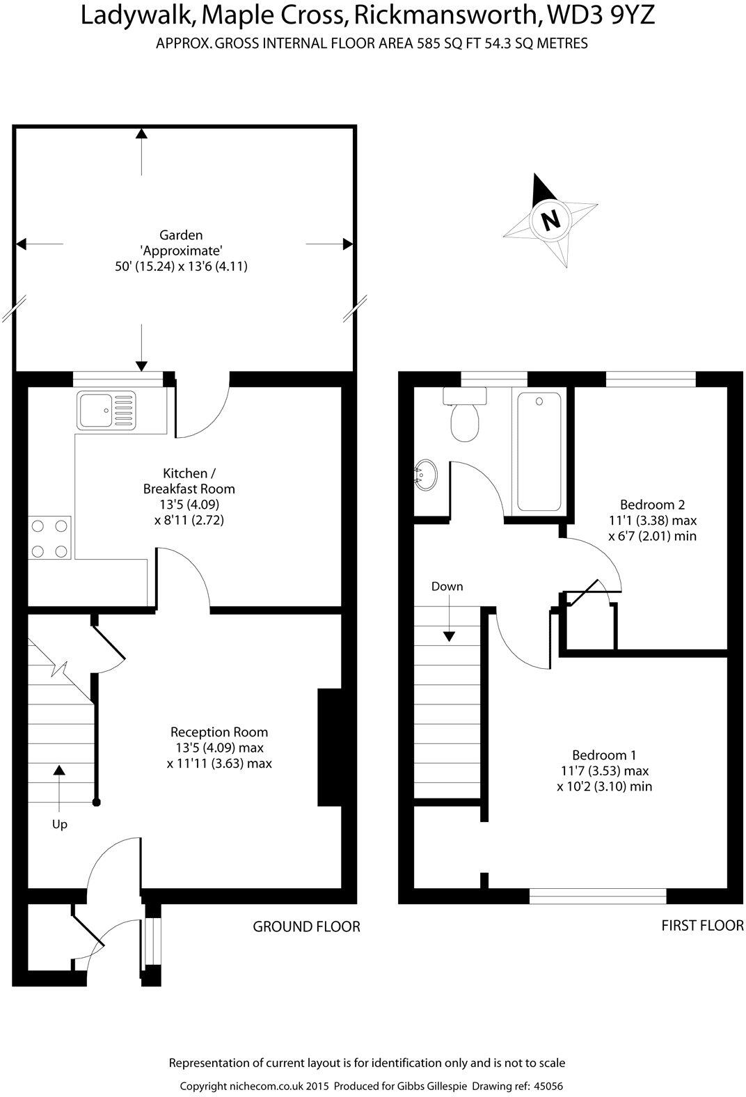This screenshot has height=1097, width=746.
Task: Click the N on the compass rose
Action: tap(550, 220)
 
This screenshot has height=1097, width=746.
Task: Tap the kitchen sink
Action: tap(106, 410)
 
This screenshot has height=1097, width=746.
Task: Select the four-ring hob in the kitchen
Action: tap(50, 537)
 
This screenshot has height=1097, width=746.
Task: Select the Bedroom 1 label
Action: tap(604, 755)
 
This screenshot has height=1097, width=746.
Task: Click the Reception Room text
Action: tap(219, 732)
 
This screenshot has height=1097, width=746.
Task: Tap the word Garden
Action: tap(181, 235)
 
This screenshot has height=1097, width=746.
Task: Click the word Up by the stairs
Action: tap(60, 824)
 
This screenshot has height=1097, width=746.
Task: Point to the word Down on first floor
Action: tap(447, 586)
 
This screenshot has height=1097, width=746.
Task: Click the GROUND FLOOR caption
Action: tap(306, 926)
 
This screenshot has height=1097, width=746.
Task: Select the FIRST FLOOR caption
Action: tap(702, 925)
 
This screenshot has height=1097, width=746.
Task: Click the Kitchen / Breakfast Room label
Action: tap(189, 480)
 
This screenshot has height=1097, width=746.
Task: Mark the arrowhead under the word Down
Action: tap(450, 636)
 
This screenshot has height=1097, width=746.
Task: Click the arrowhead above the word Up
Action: tap(59, 769)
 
